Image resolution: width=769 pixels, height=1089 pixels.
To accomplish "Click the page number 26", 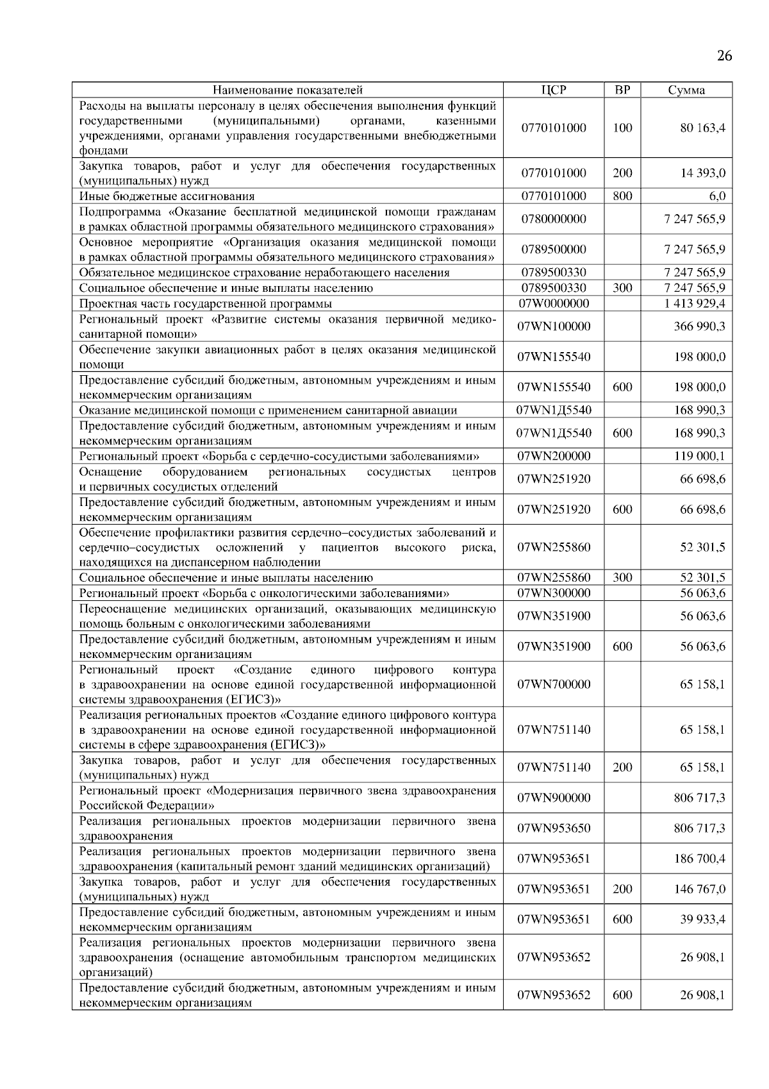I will (724, 56).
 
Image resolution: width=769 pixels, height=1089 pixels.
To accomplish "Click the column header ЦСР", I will (553, 90).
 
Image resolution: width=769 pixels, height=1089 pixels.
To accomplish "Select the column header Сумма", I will (686, 90).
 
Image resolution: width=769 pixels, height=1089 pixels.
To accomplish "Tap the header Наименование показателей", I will (287, 90).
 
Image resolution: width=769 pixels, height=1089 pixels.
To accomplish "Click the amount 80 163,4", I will (702, 128).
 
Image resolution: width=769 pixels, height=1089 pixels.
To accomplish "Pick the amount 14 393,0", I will (702, 173).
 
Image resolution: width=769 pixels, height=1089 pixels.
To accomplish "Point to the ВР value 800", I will (622, 196).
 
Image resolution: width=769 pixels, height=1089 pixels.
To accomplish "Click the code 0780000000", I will (553, 219).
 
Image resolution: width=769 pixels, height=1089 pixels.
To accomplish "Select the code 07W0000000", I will (553, 303).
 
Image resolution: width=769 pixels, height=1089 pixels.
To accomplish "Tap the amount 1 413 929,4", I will (695, 303).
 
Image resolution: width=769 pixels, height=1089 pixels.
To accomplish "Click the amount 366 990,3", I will (700, 326).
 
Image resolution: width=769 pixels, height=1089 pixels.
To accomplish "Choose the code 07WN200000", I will (553, 456).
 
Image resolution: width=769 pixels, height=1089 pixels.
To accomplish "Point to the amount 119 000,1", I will (700, 456).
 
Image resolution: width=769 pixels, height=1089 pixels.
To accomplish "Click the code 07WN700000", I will (553, 684).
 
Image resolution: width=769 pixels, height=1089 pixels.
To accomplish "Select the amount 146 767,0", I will (700, 889).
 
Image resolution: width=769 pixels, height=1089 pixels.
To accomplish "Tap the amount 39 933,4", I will (702, 919).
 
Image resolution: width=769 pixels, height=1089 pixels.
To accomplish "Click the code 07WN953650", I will (553, 828).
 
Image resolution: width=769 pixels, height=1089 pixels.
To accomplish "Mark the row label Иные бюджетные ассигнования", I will (167, 196).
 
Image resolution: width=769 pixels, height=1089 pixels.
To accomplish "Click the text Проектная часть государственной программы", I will (205, 303).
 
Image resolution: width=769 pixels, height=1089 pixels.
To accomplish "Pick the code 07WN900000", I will (553, 798).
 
